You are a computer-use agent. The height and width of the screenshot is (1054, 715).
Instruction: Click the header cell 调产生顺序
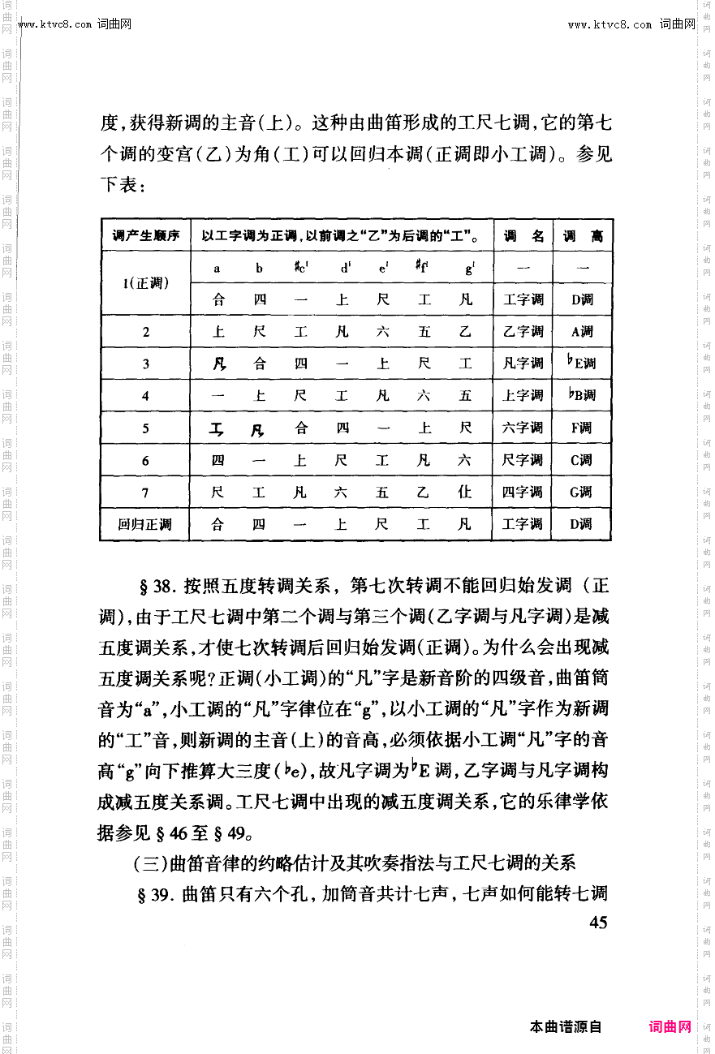tap(145, 236)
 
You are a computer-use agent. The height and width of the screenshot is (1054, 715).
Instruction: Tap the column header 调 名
tap(523, 236)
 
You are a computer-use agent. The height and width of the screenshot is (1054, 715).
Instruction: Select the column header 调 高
tap(583, 236)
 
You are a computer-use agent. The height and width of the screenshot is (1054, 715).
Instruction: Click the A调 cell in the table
tap(581, 331)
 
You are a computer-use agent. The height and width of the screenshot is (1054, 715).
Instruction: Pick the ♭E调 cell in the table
tap(581, 363)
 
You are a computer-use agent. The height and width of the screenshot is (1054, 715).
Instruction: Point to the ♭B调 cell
tap(581, 395)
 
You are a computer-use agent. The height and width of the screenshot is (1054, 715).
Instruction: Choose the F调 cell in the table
tap(581, 428)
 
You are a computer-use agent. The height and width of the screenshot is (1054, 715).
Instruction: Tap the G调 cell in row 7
tap(581, 492)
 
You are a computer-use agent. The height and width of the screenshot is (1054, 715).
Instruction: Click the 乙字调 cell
tap(523, 331)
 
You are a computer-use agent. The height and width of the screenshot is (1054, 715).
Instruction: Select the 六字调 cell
tap(523, 428)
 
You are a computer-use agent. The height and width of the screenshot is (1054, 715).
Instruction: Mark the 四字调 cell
tap(523, 492)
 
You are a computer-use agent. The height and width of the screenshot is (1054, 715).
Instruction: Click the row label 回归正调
tap(145, 524)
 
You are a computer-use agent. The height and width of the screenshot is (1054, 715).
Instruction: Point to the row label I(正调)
tap(145, 283)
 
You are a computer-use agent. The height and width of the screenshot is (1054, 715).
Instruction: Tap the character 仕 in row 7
tap(465, 492)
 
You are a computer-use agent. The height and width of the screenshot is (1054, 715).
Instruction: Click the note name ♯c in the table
tap(301, 267)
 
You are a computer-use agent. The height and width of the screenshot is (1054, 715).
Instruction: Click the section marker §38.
tap(159, 586)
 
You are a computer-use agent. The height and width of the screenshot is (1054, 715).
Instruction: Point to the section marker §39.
tap(159, 894)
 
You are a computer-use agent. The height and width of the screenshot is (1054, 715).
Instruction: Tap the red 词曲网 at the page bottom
tap(670, 1026)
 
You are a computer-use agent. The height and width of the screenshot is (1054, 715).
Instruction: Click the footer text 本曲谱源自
tap(566, 1026)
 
